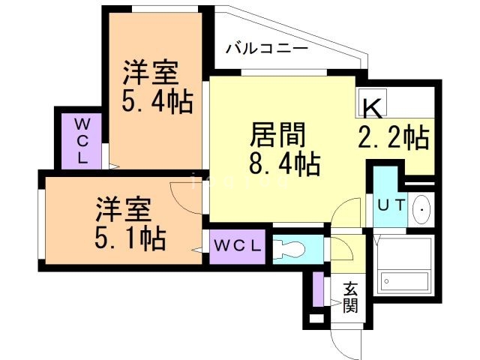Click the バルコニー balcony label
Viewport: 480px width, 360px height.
(x=265, y=49)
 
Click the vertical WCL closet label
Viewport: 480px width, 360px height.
(x=82, y=140)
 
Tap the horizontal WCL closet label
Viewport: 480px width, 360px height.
(x=236, y=245)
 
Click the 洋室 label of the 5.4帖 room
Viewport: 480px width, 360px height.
(x=151, y=74)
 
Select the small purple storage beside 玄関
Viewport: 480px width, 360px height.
(x=319, y=289)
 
